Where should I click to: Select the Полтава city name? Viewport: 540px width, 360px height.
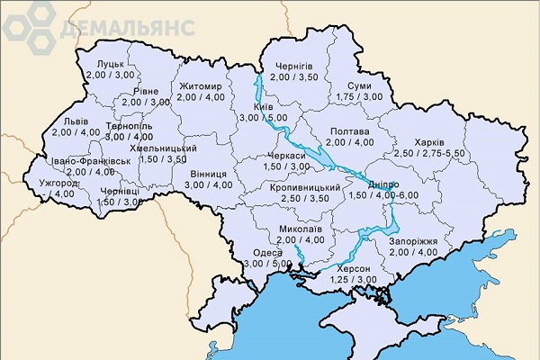click(347, 130)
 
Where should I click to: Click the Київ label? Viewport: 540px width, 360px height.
click(263, 106)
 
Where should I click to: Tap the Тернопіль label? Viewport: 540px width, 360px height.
click(128, 126)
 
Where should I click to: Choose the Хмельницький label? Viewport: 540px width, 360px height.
click(163, 148)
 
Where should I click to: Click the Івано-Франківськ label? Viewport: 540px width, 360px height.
click(91, 160)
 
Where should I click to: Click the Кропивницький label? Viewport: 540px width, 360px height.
click(304, 187)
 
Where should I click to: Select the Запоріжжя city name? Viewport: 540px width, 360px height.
click(413, 242)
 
